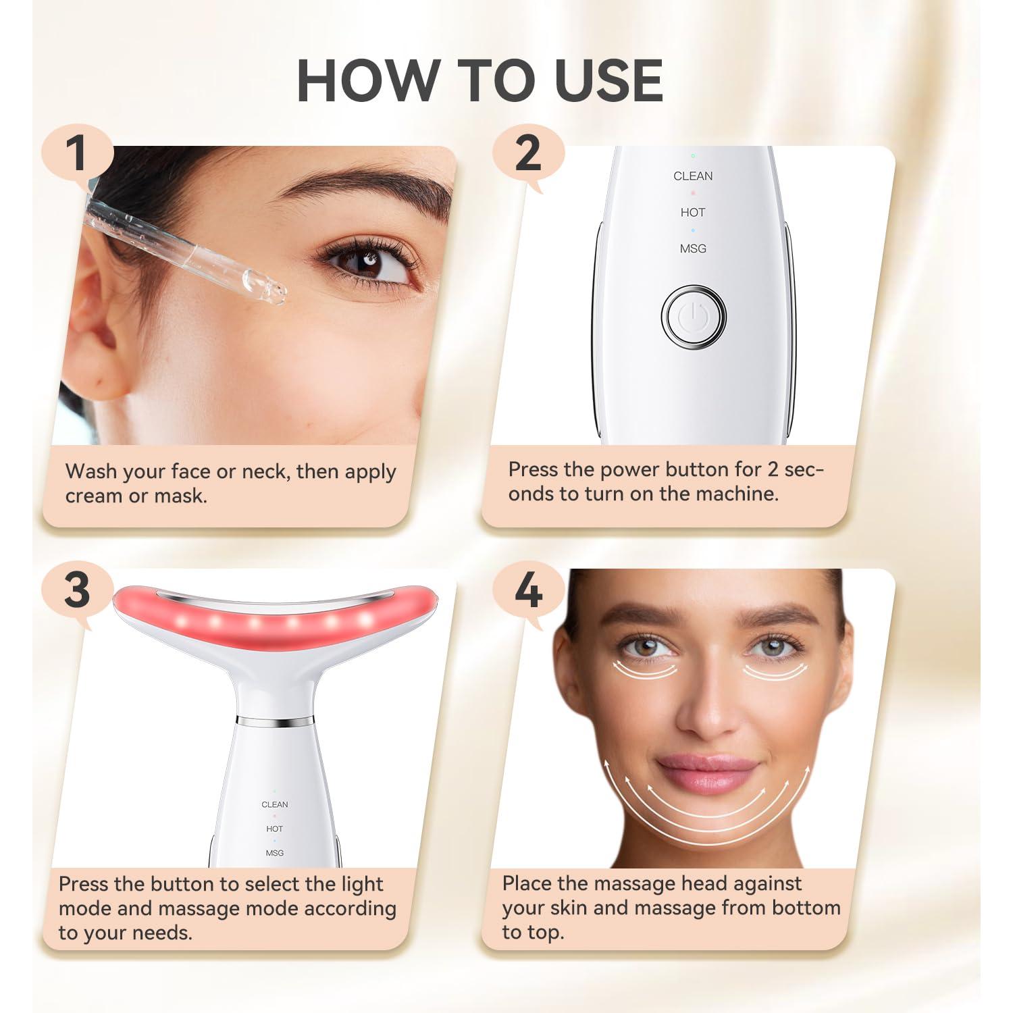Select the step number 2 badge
[x=527, y=153]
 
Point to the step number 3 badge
[x=77, y=589]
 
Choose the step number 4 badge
[x=527, y=590]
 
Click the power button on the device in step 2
[x=693, y=316]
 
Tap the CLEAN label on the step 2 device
[x=693, y=176]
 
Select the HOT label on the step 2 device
[x=693, y=213]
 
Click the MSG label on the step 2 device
[x=693, y=249]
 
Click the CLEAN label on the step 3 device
[x=275, y=804]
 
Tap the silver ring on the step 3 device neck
[x=275, y=721]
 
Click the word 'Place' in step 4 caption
[x=527, y=883]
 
